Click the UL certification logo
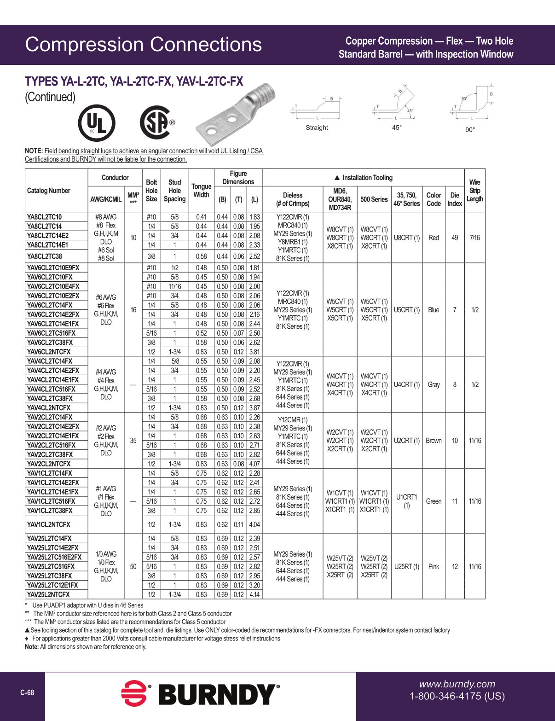(x=96, y=123)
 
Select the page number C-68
(x=27, y=692)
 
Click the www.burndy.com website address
(x=457, y=684)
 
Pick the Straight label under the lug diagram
(x=317, y=128)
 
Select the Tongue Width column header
(x=201, y=191)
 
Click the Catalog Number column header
(x=49, y=191)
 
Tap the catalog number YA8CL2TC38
(x=44, y=256)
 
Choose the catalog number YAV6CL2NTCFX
(x=49, y=352)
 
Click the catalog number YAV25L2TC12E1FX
(x=52, y=585)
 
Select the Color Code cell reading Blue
(x=434, y=310)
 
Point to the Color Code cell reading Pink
(x=434, y=567)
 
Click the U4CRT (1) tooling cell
(x=407, y=384)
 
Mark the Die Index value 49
(x=455, y=238)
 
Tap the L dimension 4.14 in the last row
(x=254, y=594)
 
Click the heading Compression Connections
(x=143, y=45)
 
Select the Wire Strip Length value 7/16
(x=474, y=238)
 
